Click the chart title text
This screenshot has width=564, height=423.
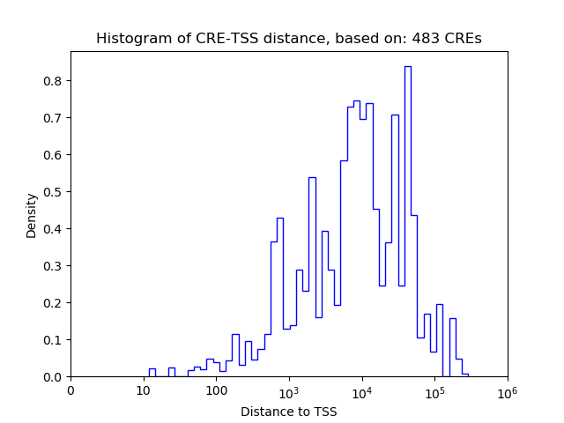click(x=288, y=39)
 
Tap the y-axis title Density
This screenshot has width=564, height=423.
click(x=32, y=215)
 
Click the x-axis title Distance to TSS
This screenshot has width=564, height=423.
click(x=288, y=412)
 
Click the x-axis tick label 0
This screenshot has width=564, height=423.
click(x=70, y=391)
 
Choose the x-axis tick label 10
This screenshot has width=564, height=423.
click(x=144, y=391)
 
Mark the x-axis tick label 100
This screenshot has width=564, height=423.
click(x=216, y=391)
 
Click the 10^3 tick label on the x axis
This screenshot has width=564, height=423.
click(x=289, y=390)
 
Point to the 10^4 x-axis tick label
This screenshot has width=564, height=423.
click(x=361, y=390)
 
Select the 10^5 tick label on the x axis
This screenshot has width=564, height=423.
click(x=434, y=390)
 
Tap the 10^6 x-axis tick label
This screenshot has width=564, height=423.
click(x=507, y=390)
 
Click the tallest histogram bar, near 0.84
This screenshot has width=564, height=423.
click(x=408, y=220)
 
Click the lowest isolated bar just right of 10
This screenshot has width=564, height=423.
click(x=152, y=373)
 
